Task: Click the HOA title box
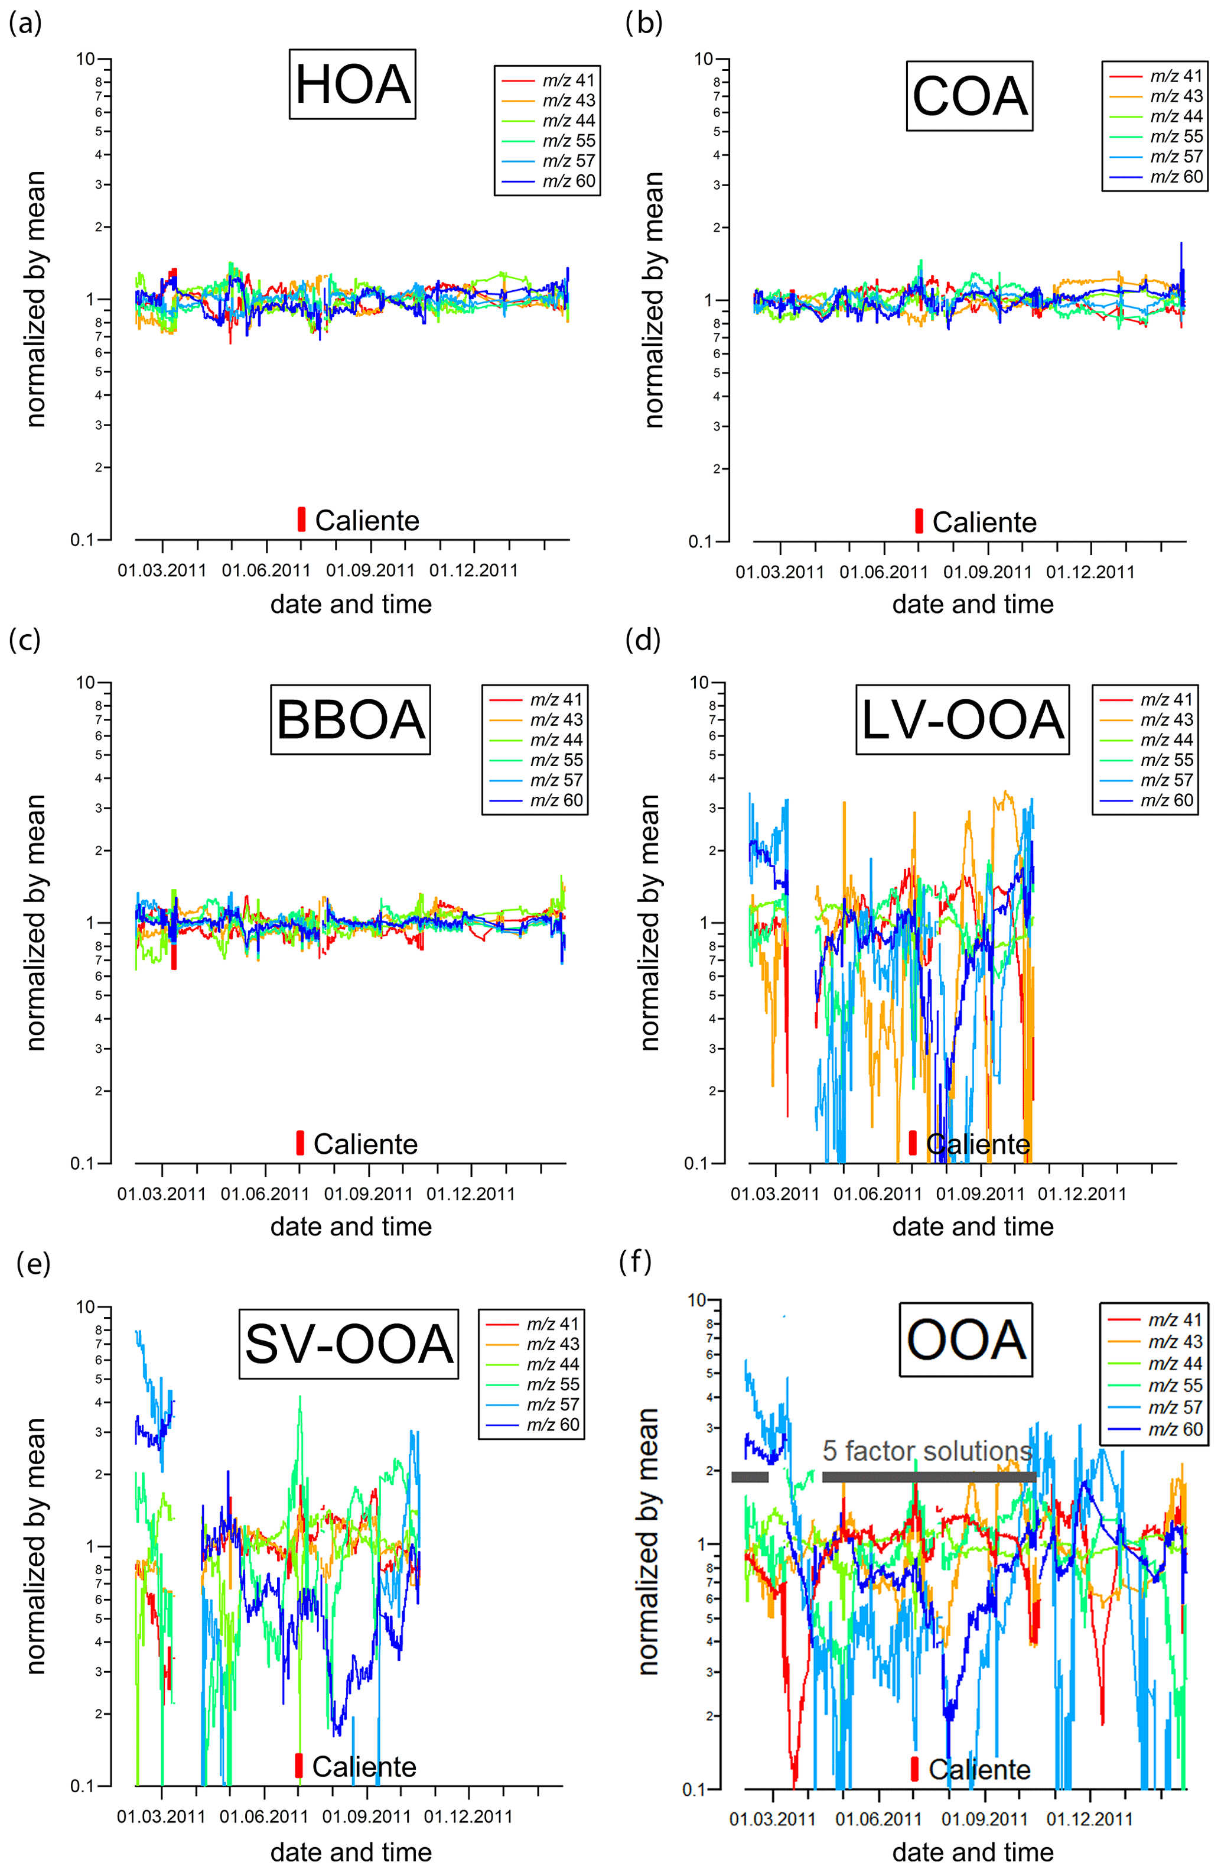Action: pos(352,84)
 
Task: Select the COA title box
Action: pos(969,96)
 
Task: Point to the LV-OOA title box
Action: pos(962,720)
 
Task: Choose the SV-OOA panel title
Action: pos(349,1344)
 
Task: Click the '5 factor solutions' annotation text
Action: pos(927,1452)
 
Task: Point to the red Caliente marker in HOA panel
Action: pos(301,519)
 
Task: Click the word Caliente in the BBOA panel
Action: pos(366,1144)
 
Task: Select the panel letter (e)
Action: pos(33,1263)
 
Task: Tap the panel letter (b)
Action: pos(644,23)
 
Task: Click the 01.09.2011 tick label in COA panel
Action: pos(988,572)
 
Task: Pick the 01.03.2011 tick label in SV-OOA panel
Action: pos(161,1817)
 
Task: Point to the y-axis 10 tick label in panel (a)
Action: pos(85,59)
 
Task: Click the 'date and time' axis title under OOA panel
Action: pos(972,1852)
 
